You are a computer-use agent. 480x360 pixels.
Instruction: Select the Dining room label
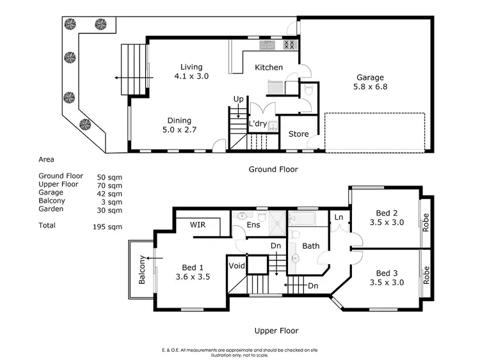click(179, 120)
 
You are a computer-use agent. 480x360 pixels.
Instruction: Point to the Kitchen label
click(269, 68)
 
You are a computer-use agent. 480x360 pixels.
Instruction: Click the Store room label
click(298, 134)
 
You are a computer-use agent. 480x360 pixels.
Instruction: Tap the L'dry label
click(257, 123)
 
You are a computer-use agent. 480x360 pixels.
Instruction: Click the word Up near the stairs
click(238, 100)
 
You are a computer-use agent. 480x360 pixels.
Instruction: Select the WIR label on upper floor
click(200, 225)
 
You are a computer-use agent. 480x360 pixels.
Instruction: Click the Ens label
click(253, 226)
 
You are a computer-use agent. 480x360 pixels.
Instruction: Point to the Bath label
click(311, 246)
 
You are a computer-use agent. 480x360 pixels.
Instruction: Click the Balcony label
click(143, 269)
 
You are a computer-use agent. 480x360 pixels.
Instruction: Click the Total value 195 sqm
click(107, 226)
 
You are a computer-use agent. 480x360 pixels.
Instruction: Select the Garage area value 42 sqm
click(109, 193)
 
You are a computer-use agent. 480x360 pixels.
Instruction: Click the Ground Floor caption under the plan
click(273, 169)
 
